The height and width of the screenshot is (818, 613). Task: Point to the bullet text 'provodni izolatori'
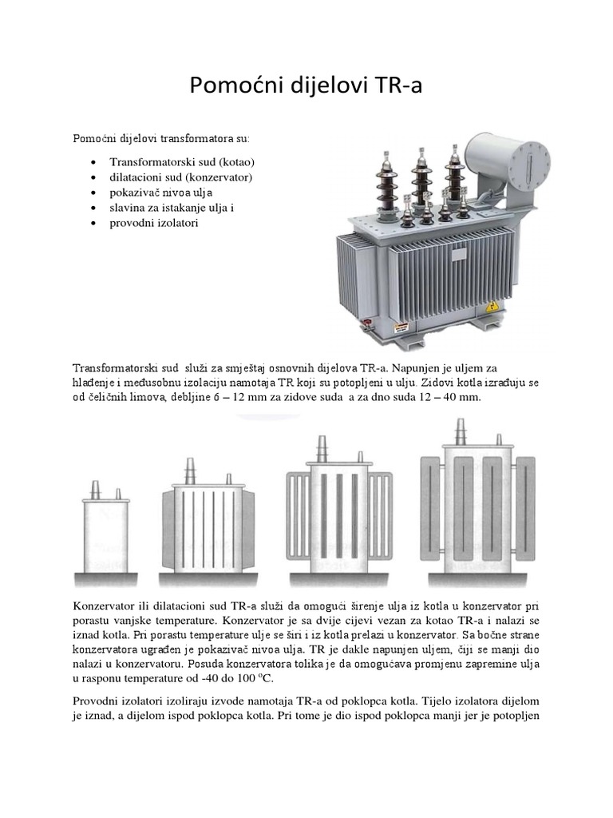(x=153, y=223)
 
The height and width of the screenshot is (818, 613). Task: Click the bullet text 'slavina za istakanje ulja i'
(x=172, y=208)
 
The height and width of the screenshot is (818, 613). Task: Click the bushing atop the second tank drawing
(x=190, y=470)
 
